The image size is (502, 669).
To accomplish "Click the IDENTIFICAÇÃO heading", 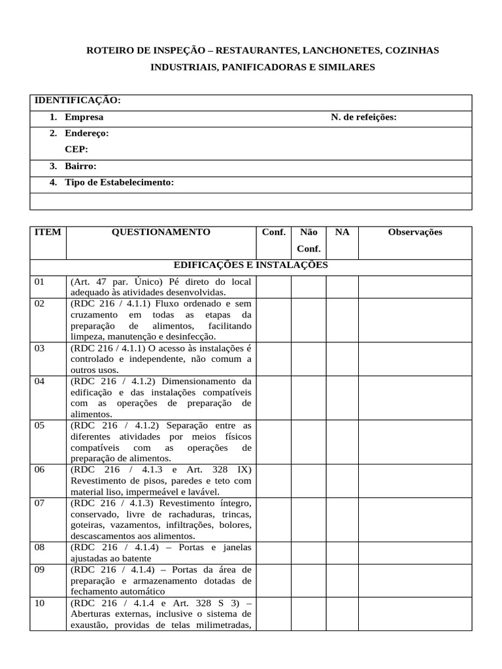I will click(77, 101).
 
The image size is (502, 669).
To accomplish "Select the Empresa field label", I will click(84, 118).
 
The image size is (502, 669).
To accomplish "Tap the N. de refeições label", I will click(363, 118).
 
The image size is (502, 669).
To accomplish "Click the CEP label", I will click(76, 150).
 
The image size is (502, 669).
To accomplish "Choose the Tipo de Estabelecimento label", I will click(119, 183).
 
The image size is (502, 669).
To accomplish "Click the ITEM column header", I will click(48, 233).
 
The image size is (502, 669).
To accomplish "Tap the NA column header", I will click(342, 233).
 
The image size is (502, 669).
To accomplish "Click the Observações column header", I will click(415, 233).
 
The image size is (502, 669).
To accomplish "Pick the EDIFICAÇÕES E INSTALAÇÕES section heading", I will click(250, 265).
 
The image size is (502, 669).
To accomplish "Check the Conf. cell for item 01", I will click(273, 287).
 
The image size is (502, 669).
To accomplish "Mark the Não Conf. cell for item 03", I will click(309, 359).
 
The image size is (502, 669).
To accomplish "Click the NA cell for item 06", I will click(342, 481).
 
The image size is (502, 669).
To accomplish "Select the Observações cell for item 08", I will click(415, 553).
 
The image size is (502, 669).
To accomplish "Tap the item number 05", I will click(40, 425).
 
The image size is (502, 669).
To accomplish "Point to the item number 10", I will click(40, 603).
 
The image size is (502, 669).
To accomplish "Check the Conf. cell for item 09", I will click(273, 580).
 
